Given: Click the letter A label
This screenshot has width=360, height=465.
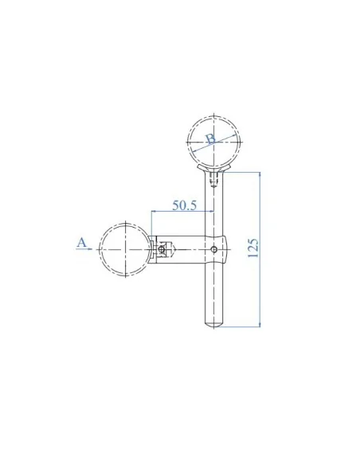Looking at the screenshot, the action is [x=81, y=242].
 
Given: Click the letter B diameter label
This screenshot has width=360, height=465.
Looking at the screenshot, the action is [x=211, y=139].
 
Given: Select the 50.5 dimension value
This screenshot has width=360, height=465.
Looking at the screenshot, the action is [x=184, y=205].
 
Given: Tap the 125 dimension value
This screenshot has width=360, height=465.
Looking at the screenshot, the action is [x=253, y=248].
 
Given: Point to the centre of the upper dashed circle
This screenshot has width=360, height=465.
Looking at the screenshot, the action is [x=213, y=142].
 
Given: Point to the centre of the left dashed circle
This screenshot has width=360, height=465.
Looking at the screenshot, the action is [x=126, y=249].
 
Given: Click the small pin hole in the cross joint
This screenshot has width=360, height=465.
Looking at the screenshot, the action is [x=213, y=249].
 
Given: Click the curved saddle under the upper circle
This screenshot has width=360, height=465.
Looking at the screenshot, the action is [x=213, y=169].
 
